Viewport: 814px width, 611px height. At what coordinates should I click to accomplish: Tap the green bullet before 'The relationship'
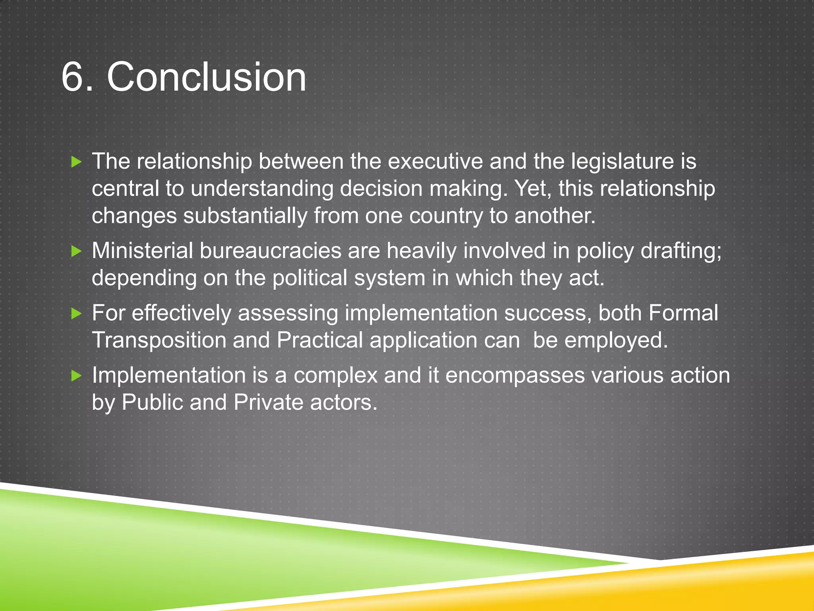pos(76,162)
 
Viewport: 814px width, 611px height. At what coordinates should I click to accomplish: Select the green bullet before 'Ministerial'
pos(76,251)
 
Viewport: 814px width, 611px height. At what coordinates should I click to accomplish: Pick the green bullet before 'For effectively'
pos(76,313)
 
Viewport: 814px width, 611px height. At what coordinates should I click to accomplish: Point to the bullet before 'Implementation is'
pos(76,376)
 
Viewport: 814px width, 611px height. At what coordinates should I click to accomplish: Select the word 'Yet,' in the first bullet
pos(533,189)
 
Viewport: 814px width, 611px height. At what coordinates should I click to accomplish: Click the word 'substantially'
pos(245,216)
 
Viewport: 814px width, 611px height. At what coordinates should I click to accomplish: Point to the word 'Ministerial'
pos(142,251)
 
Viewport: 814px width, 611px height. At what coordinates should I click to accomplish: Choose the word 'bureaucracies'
pos(270,251)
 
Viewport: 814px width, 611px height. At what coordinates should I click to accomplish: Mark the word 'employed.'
pos(616,341)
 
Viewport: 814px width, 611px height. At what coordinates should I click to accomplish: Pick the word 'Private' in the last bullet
pos(268,403)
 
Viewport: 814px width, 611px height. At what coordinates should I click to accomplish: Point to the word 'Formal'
pos(683,313)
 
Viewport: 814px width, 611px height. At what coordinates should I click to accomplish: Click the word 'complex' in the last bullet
pos(335,376)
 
